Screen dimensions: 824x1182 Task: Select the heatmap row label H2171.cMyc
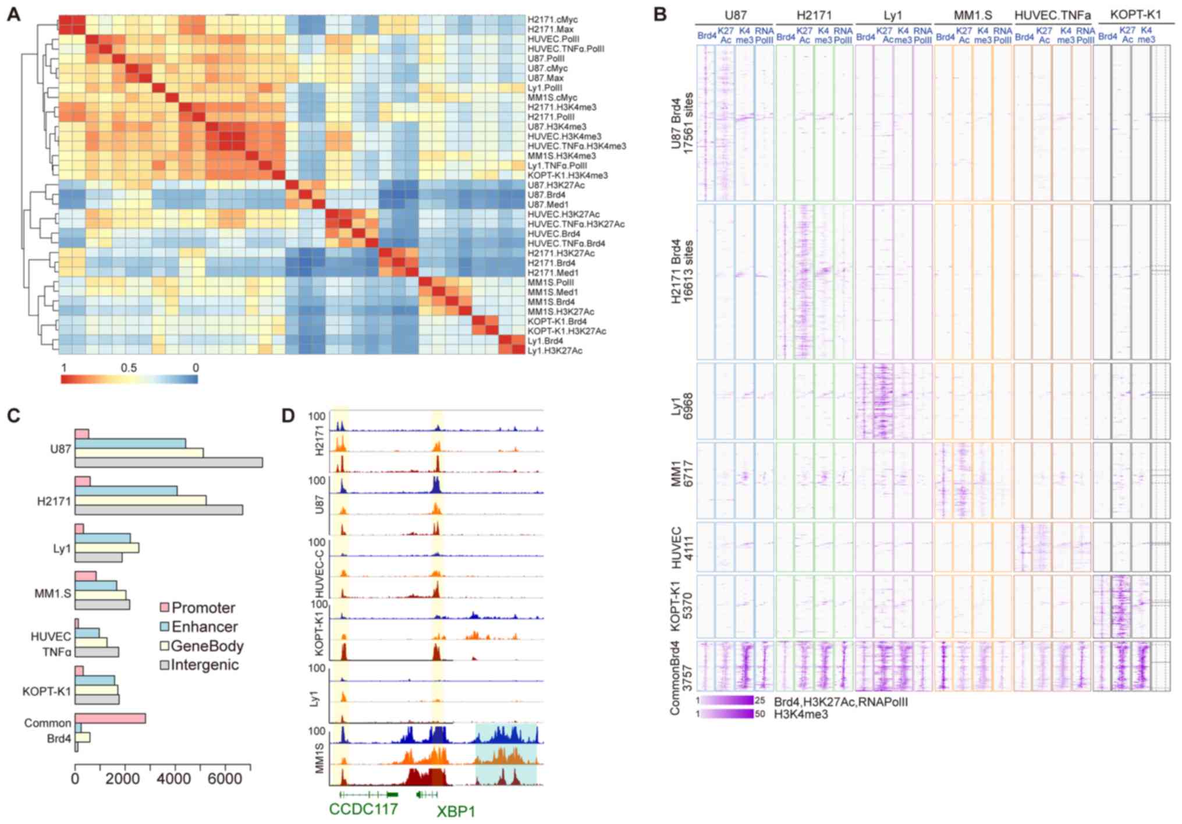click(552, 20)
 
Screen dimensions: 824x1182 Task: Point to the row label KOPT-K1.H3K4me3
click(567, 175)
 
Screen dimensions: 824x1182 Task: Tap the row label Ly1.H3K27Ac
click(555, 351)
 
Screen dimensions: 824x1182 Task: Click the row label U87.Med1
click(548, 204)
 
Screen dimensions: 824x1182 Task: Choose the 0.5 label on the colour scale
click(129, 368)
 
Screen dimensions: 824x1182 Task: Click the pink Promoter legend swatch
click(164, 608)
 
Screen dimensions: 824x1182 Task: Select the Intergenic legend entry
click(204, 665)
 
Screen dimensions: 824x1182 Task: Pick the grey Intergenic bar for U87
click(168, 462)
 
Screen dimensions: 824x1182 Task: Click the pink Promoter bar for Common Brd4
click(110, 719)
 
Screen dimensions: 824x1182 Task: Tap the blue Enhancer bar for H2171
click(126, 491)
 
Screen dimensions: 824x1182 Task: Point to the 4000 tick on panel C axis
click(174, 779)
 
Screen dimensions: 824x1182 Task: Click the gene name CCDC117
click(363, 809)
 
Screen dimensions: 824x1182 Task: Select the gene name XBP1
click(456, 811)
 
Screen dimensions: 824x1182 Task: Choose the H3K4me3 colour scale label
click(800, 714)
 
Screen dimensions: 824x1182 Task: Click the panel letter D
click(287, 416)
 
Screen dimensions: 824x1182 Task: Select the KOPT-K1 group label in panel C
click(47, 691)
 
